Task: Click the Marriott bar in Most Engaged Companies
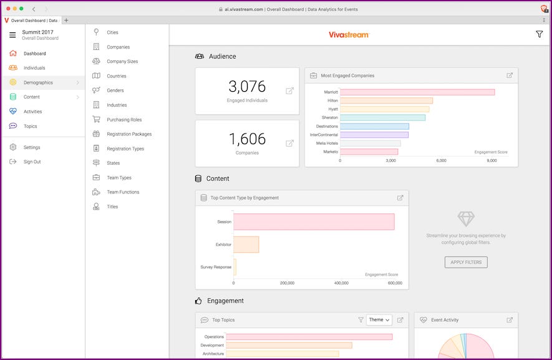(x=417, y=92)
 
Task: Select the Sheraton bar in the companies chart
(x=382, y=117)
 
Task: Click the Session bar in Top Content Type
(x=314, y=221)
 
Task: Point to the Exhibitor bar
(x=246, y=245)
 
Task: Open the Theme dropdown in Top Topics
(x=379, y=320)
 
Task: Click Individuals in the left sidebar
(x=34, y=68)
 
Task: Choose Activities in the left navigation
(x=33, y=112)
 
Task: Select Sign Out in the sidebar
(x=32, y=162)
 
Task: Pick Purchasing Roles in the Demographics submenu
(x=124, y=120)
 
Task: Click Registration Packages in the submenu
(x=129, y=134)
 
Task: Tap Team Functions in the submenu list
(x=123, y=192)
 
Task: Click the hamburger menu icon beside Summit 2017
(x=12, y=35)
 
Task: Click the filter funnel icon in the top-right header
(x=540, y=34)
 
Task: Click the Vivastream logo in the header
(x=349, y=35)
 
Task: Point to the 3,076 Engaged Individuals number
(x=247, y=87)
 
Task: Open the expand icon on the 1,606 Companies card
(x=289, y=143)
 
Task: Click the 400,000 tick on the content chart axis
(x=341, y=283)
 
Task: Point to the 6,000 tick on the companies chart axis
(x=441, y=160)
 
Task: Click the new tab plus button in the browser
(x=67, y=21)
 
